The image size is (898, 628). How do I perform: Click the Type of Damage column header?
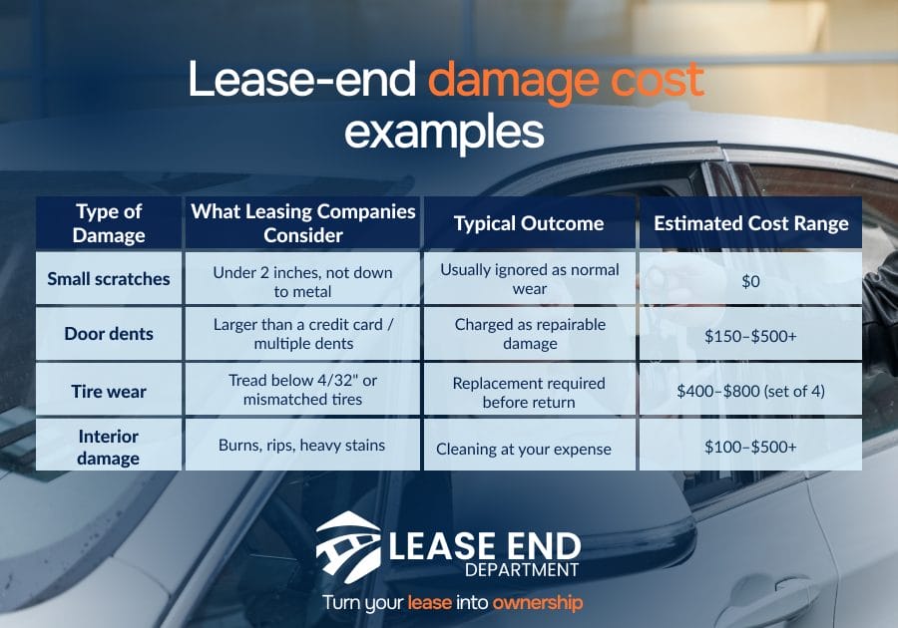tap(109, 223)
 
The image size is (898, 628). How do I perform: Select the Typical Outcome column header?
tap(529, 223)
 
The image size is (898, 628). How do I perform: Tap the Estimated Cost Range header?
tap(750, 223)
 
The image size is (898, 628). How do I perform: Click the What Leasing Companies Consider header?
tap(303, 223)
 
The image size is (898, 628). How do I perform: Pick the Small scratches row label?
tap(109, 278)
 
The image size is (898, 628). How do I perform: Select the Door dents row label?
tap(109, 334)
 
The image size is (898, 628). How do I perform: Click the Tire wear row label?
tap(109, 391)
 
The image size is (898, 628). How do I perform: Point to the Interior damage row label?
tap(108, 447)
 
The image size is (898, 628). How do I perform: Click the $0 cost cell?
tap(750, 281)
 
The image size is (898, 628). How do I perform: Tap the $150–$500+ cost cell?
tap(750, 336)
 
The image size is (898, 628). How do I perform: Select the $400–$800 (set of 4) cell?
tap(750, 391)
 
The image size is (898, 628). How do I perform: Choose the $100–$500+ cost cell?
tap(750, 447)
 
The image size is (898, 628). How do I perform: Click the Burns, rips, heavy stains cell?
tap(301, 445)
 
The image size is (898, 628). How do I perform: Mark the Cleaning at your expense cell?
tap(524, 449)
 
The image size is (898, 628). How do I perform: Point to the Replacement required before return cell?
tap(529, 393)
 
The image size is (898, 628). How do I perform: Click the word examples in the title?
tap(444, 133)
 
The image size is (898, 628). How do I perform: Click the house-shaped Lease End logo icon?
tap(348, 547)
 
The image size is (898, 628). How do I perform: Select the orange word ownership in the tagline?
tap(538, 602)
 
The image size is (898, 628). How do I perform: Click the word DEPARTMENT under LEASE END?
tap(522, 570)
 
